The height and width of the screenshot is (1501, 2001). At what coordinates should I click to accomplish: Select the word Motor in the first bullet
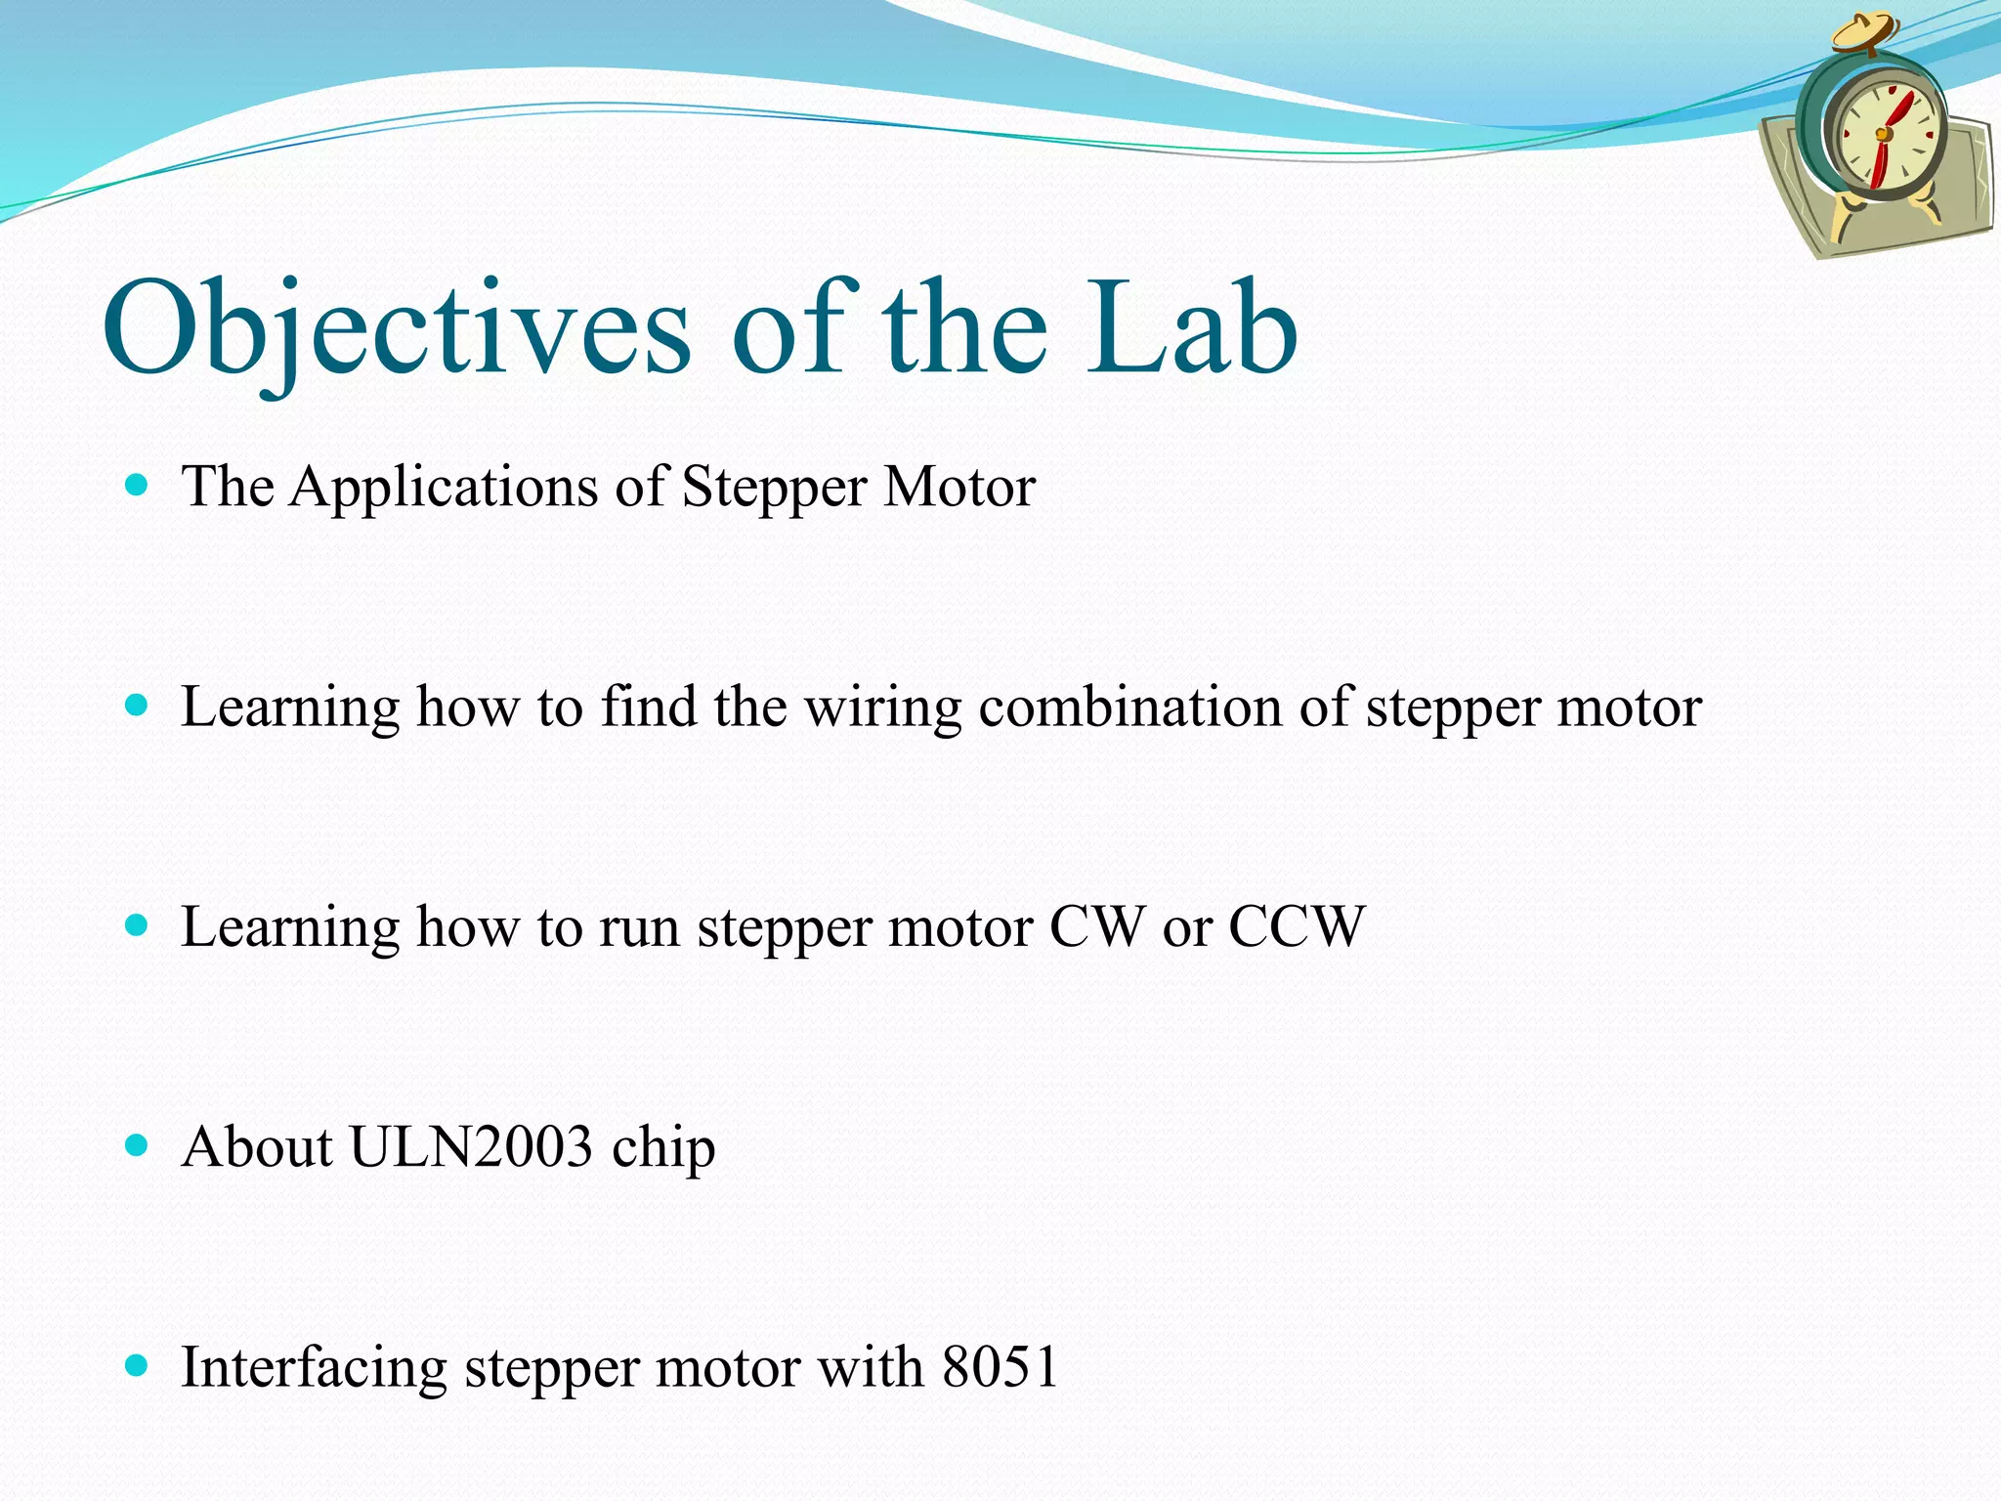coord(958,487)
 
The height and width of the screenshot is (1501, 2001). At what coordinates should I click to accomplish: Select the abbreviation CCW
coord(1296,926)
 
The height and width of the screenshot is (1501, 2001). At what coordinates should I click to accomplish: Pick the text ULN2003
coord(471,1146)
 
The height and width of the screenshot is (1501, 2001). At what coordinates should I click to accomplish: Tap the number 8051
coord(1000,1366)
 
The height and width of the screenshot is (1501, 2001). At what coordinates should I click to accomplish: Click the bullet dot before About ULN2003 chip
coord(137,1144)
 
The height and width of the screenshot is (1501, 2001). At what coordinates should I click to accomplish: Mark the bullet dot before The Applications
coord(137,484)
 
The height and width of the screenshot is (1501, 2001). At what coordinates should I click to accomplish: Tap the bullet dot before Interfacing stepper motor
coord(137,1365)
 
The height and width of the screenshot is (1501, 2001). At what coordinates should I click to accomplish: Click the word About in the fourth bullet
coord(257,1146)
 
